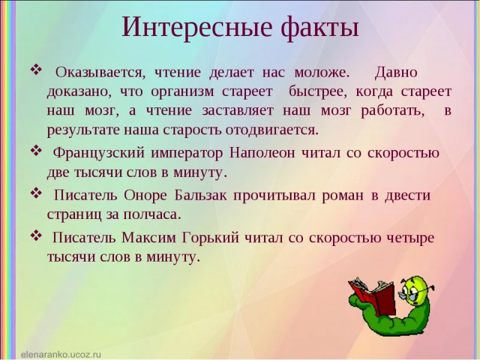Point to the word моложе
tap(321, 73)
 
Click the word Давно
tap(395, 73)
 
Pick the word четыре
tap(412, 238)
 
